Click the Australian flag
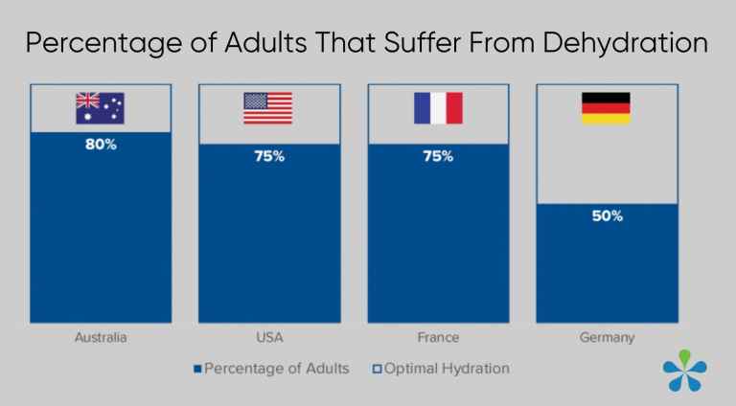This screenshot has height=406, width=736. (100, 108)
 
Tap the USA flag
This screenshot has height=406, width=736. (268, 108)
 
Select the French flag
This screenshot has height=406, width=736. (438, 108)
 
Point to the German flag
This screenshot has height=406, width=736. (606, 108)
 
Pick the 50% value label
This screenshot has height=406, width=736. (607, 216)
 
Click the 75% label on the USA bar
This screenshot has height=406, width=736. (268, 156)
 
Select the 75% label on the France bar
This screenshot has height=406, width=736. (438, 156)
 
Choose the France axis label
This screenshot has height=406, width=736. (438, 338)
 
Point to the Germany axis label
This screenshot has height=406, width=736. (607, 338)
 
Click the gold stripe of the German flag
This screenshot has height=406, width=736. (606, 119)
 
